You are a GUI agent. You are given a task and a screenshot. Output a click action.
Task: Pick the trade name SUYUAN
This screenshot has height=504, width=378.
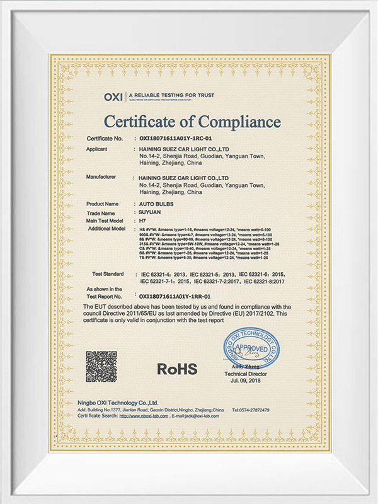150,213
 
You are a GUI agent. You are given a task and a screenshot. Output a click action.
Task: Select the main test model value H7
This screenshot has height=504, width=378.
142,221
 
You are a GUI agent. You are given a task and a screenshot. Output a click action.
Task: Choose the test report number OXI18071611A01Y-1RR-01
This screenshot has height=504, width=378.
175,295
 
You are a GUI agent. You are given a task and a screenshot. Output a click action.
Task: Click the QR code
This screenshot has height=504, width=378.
101,367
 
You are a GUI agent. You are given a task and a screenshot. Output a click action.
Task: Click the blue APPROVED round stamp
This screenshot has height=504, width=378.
250,348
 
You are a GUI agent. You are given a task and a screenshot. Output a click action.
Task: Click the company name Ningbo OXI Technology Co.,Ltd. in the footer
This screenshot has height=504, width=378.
118,402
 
